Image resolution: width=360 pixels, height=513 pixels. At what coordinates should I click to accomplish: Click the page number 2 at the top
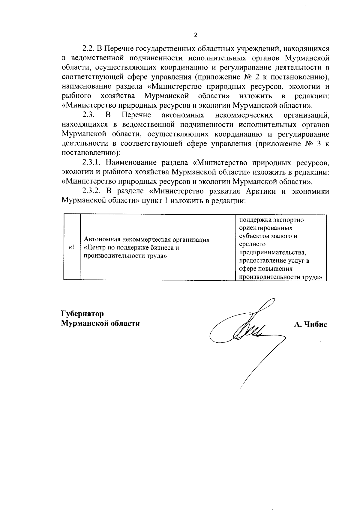[196, 35]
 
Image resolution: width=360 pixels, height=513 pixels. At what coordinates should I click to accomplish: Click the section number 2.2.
[88, 48]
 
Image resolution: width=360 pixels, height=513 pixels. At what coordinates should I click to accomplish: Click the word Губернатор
[82, 314]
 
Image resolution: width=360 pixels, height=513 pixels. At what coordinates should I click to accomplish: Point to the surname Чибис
[316, 324]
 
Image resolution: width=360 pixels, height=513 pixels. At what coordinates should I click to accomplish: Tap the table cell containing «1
[71, 247]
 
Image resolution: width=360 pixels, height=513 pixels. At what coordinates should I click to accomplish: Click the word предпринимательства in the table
[272, 252]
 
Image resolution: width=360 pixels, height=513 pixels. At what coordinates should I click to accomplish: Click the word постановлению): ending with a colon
[91, 153]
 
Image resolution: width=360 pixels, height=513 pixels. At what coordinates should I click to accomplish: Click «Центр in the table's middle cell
[93, 248]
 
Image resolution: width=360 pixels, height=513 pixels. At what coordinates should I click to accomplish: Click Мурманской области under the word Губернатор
[100, 324]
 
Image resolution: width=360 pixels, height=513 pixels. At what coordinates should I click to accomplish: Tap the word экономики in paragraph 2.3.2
[311, 191]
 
